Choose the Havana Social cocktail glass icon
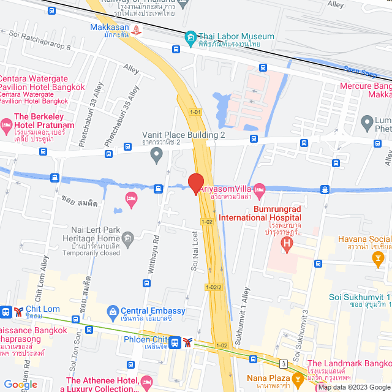[378, 259]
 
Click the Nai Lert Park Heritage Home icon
[127, 238]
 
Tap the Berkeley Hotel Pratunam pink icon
[6, 127]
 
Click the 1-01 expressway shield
[195, 111]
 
